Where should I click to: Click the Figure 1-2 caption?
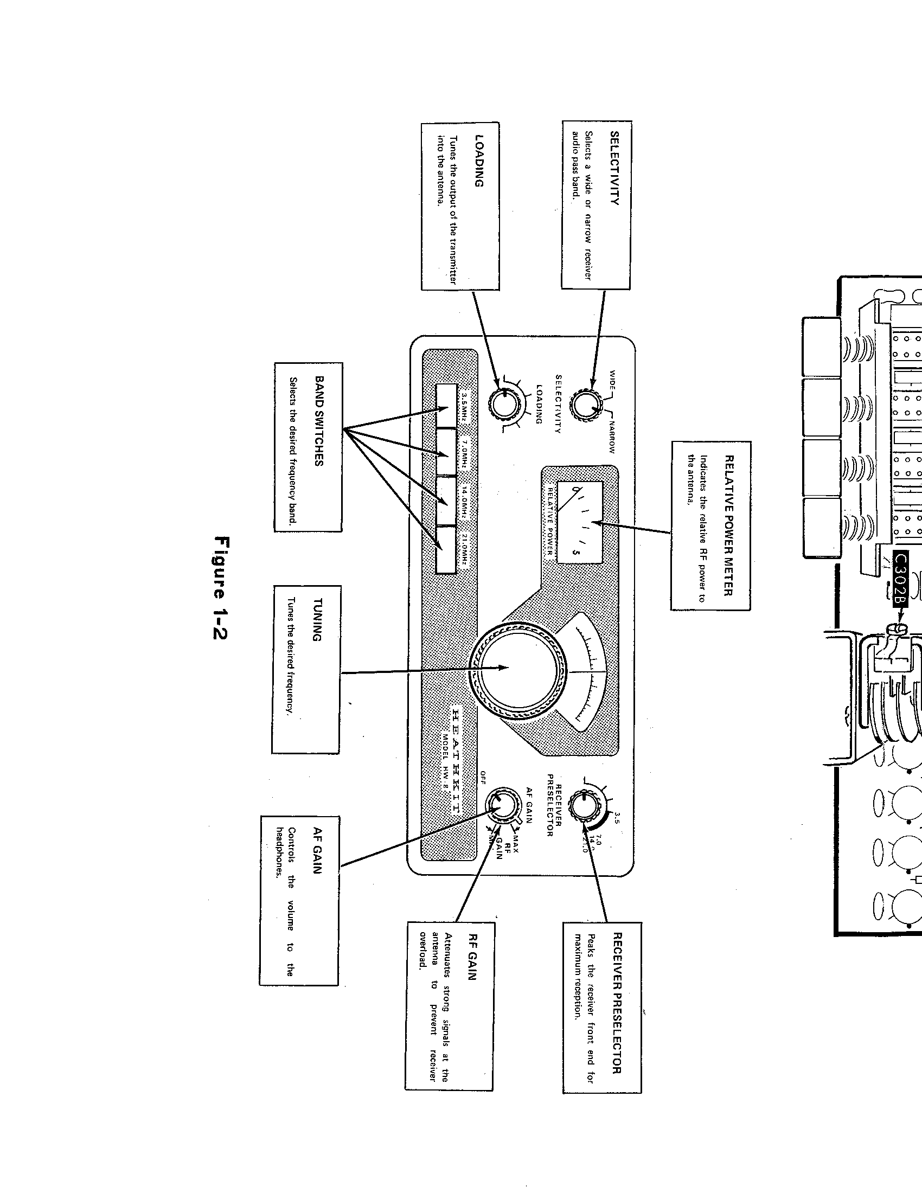222,588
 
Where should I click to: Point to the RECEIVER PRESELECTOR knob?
584,805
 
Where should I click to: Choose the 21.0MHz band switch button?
446,550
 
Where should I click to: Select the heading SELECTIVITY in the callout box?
615,168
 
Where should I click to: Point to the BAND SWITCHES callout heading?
319,421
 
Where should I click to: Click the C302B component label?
901,579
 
